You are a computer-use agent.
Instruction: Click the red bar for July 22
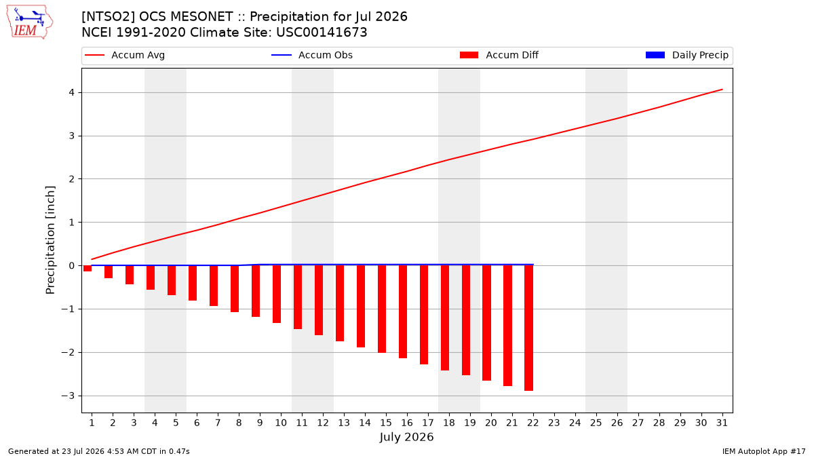pyautogui.click(x=528, y=328)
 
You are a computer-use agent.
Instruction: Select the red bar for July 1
pyautogui.click(x=88, y=268)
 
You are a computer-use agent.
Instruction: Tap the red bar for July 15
pyautogui.click(x=382, y=309)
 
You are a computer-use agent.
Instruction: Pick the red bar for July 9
pyautogui.click(x=256, y=291)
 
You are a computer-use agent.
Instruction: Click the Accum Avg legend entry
pyautogui.click(x=125, y=55)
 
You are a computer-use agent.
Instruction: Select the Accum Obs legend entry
pyautogui.click(x=312, y=55)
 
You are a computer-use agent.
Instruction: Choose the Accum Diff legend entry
pyautogui.click(x=499, y=55)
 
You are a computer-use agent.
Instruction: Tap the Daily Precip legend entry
pyautogui.click(x=686, y=55)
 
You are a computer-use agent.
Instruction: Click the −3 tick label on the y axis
pyautogui.click(x=68, y=396)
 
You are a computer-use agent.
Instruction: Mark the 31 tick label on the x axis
pyautogui.click(x=722, y=423)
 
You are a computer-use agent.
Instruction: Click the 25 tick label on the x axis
pyautogui.click(x=596, y=423)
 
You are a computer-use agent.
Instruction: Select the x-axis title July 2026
pyautogui.click(x=406, y=437)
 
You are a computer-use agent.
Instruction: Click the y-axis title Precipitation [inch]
pyautogui.click(x=50, y=240)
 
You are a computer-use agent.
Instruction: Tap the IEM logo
pyautogui.click(x=29, y=22)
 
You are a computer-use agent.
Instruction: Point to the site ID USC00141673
pyautogui.click(x=322, y=33)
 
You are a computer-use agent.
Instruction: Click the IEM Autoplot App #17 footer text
pyautogui.click(x=764, y=451)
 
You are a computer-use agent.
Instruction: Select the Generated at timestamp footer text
pyautogui.click(x=99, y=451)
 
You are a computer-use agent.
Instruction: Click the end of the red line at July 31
pyautogui.click(x=722, y=90)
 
